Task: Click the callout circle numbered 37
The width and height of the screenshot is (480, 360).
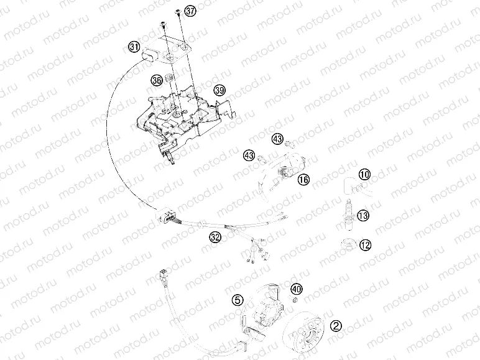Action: tap(190, 11)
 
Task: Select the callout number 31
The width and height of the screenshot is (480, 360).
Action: tap(134, 47)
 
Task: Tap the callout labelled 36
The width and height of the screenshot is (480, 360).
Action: tap(157, 80)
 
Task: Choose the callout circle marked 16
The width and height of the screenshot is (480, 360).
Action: tap(303, 180)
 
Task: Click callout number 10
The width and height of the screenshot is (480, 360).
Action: tap(364, 175)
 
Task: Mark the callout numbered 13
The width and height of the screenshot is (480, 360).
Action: tap(363, 216)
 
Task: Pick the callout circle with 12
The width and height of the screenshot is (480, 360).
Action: tap(365, 245)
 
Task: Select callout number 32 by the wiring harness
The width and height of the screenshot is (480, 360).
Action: tap(215, 237)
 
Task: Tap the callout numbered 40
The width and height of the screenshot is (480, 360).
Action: tap(297, 289)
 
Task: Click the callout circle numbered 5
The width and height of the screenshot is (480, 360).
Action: tap(237, 301)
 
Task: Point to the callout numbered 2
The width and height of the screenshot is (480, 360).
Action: tap(336, 325)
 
